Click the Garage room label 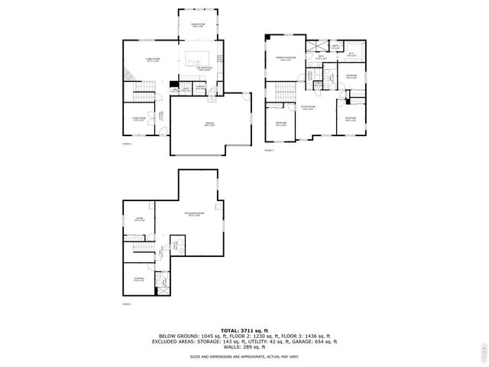click(209, 125)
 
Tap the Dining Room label click(197, 24)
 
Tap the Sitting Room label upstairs click(307, 108)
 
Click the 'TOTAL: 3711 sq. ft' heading click(244, 330)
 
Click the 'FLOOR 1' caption click(127, 304)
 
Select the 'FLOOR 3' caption click(269, 151)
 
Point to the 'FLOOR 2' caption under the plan click(127, 143)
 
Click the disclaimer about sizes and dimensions click(244, 356)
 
